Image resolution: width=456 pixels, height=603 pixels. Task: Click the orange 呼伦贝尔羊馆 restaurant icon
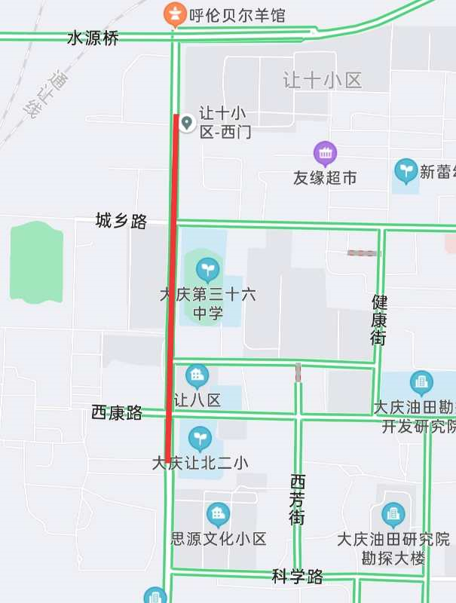(x=175, y=13)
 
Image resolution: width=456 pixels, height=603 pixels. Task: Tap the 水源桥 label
(x=93, y=38)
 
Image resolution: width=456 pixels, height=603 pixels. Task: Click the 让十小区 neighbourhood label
(x=323, y=80)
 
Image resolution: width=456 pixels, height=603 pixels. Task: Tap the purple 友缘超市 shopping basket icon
(x=326, y=154)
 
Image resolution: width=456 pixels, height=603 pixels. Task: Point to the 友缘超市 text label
(x=325, y=178)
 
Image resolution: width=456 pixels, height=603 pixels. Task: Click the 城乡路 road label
(x=121, y=221)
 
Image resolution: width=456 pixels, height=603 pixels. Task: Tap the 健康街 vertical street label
(x=379, y=320)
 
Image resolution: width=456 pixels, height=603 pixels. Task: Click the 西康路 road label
(x=117, y=412)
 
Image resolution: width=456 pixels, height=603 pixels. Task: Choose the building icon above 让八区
(x=197, y=375)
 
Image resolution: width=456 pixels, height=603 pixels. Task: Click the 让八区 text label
(x=197, y=399)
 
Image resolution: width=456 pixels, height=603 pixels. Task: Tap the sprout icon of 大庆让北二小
(x=200, y=438)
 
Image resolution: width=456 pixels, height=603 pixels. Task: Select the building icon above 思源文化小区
(x=219, y=515)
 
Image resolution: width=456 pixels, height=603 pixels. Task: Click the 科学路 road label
(x=298, y=577)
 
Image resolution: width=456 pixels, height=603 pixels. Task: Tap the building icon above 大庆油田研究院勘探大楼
(x=393, y=515)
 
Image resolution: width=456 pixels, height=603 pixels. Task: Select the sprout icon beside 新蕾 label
(x=406, y=170)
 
